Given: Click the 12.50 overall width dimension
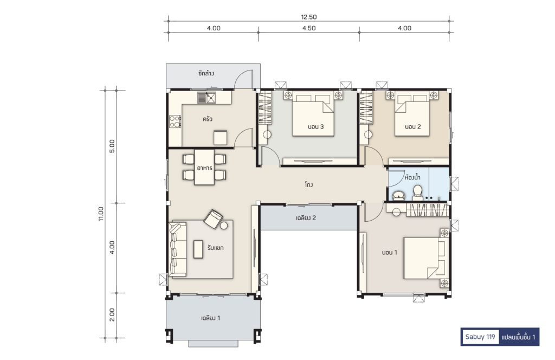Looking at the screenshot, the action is pos(308,17).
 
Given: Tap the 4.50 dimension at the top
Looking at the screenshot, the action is pos(309,28).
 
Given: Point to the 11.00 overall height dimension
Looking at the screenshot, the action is pos(101,214).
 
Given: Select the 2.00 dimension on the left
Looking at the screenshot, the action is pos(112,314).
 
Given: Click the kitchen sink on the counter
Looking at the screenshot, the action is pos(206,98).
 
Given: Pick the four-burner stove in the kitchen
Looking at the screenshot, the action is pos(175,121).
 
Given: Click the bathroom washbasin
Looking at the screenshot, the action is pos(399,196).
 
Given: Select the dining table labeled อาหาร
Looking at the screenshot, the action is pos(204,167).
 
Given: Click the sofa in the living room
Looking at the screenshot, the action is pos(177,249).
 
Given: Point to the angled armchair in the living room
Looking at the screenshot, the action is pos(214,218).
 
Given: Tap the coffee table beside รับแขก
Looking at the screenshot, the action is pos(198,249).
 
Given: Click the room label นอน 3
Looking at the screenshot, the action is pos(316,127).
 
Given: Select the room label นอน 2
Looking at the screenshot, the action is pos(412,127).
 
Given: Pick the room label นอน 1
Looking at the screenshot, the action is pos(389,253).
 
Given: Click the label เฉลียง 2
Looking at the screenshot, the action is pos(306,218).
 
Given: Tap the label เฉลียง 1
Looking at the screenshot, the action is pos(211,318).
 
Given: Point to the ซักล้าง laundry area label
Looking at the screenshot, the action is pos(206,74).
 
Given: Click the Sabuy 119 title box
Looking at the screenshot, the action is pos(480,337).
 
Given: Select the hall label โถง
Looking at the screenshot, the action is pos(308,184).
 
